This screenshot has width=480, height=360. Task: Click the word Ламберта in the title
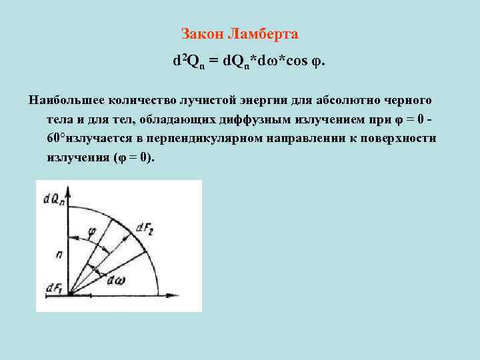263,33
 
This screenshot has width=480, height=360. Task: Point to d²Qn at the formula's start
187,61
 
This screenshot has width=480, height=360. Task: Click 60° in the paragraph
57,139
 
